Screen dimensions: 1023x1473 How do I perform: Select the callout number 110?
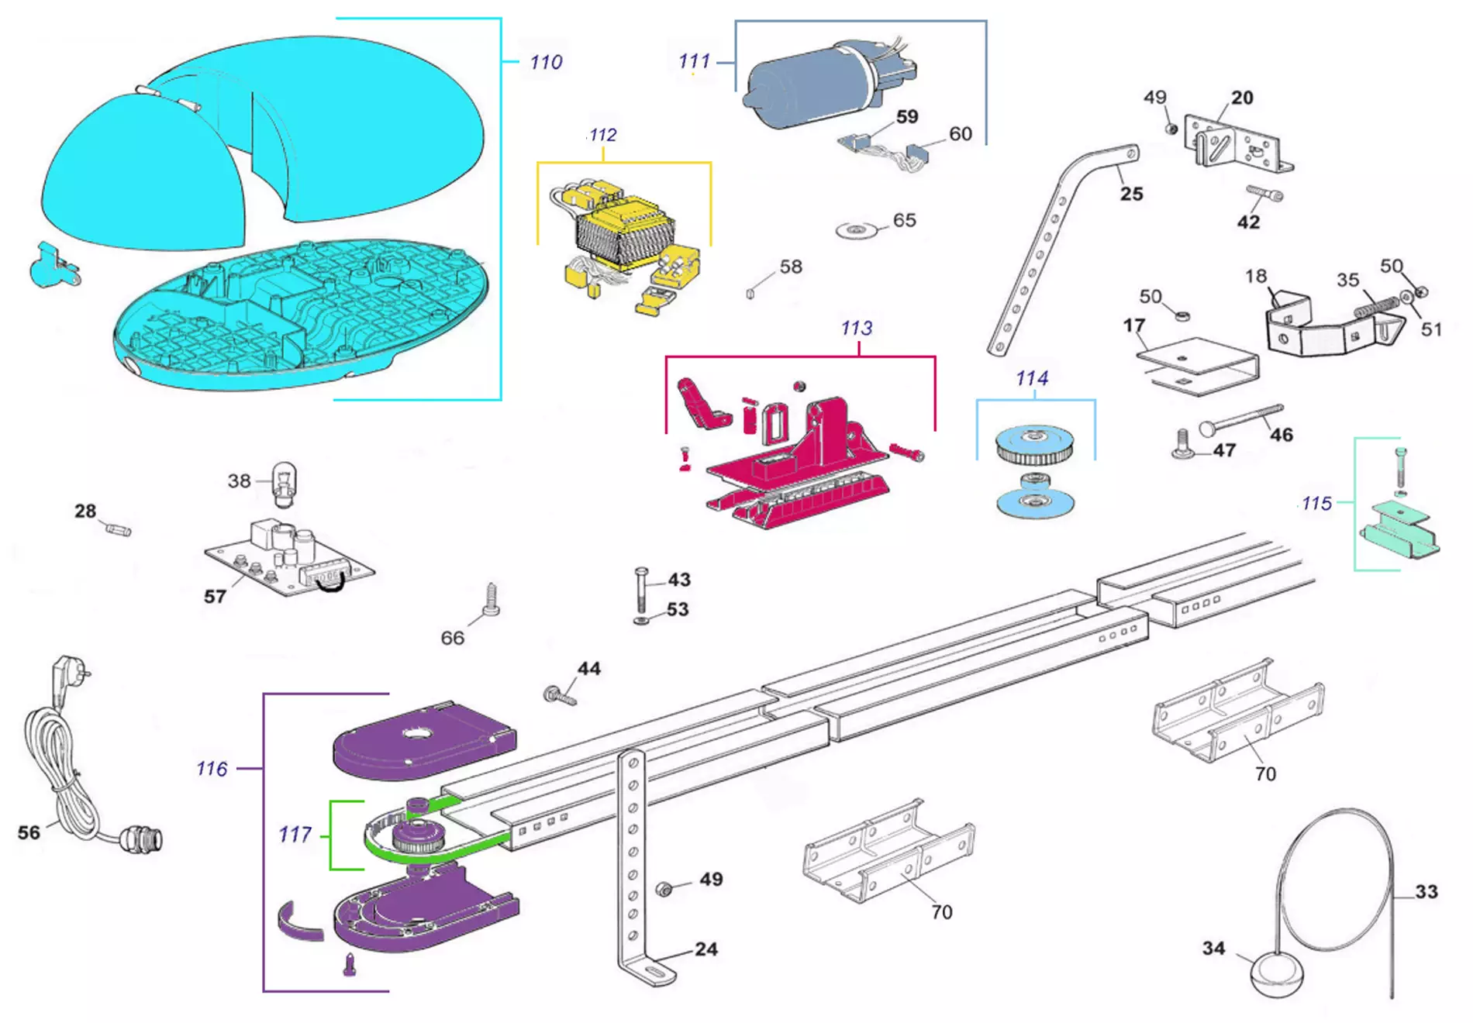tap(546, 62)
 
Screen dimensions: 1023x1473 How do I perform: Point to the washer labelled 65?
tap(855, 230)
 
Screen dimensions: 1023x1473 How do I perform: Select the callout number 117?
tap(295, 835)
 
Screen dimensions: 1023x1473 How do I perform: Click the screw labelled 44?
tap(561, 695)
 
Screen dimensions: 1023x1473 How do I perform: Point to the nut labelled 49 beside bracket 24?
tap(664, 889)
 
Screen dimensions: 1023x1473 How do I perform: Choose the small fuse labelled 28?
tap(118, 529)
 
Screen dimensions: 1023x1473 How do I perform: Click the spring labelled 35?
tap(1375, 306)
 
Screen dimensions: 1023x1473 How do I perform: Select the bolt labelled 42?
tap(1264, 193)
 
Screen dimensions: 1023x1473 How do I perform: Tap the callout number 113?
tap(856, 328)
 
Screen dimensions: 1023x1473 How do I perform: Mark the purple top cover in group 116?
tap(423, 739)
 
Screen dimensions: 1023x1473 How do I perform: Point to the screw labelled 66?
tap(492, 601)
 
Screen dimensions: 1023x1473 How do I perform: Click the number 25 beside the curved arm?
tap(1131, 194)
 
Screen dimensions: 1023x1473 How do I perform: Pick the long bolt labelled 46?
tap(1241, 418)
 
